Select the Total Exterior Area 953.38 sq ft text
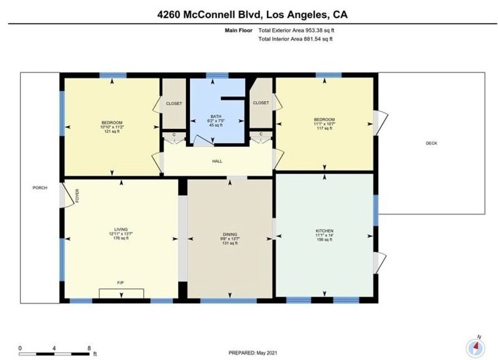302,30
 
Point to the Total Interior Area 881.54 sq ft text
301,39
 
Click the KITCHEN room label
324,231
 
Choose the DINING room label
230,234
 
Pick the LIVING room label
120,229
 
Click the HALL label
217,161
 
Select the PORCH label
40,188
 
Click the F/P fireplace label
121,282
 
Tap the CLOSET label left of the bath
174,103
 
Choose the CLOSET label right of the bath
261,103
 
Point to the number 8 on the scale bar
89,347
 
